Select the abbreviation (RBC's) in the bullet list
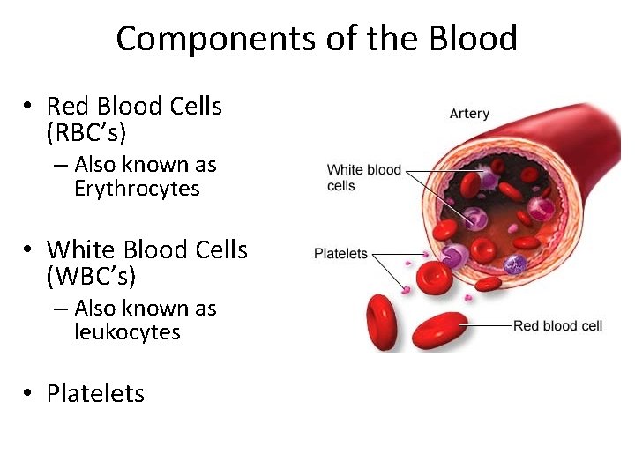[86, 132]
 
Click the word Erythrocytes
[137, 189]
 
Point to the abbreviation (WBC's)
[91, 276]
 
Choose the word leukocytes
[127, 332]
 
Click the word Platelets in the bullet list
[95, 393]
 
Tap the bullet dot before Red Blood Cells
[29, 107]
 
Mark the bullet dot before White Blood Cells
[29, 250]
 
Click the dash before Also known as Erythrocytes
[60, 166]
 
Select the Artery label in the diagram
[469, 114]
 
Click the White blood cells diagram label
[363, 177]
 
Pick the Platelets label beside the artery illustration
[340, 254]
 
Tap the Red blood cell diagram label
[557, 326]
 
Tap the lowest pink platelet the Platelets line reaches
[407, 288]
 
